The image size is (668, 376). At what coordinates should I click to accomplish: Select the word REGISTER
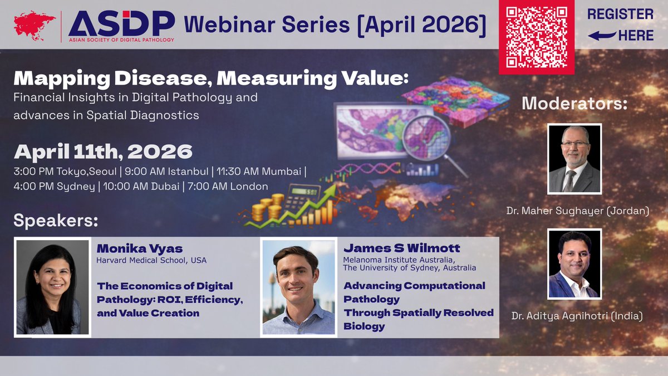[620, 14]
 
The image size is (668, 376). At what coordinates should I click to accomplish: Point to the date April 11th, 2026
[103, 152]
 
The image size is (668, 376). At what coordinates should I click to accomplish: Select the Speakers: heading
[56, 221]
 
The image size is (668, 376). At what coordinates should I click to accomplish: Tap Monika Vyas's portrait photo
[52, 287]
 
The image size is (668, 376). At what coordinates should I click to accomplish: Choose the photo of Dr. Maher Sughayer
[574, 158]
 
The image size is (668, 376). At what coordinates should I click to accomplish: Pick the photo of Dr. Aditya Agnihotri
[574, 263]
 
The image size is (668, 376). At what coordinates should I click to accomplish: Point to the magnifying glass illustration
[431, 142]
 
